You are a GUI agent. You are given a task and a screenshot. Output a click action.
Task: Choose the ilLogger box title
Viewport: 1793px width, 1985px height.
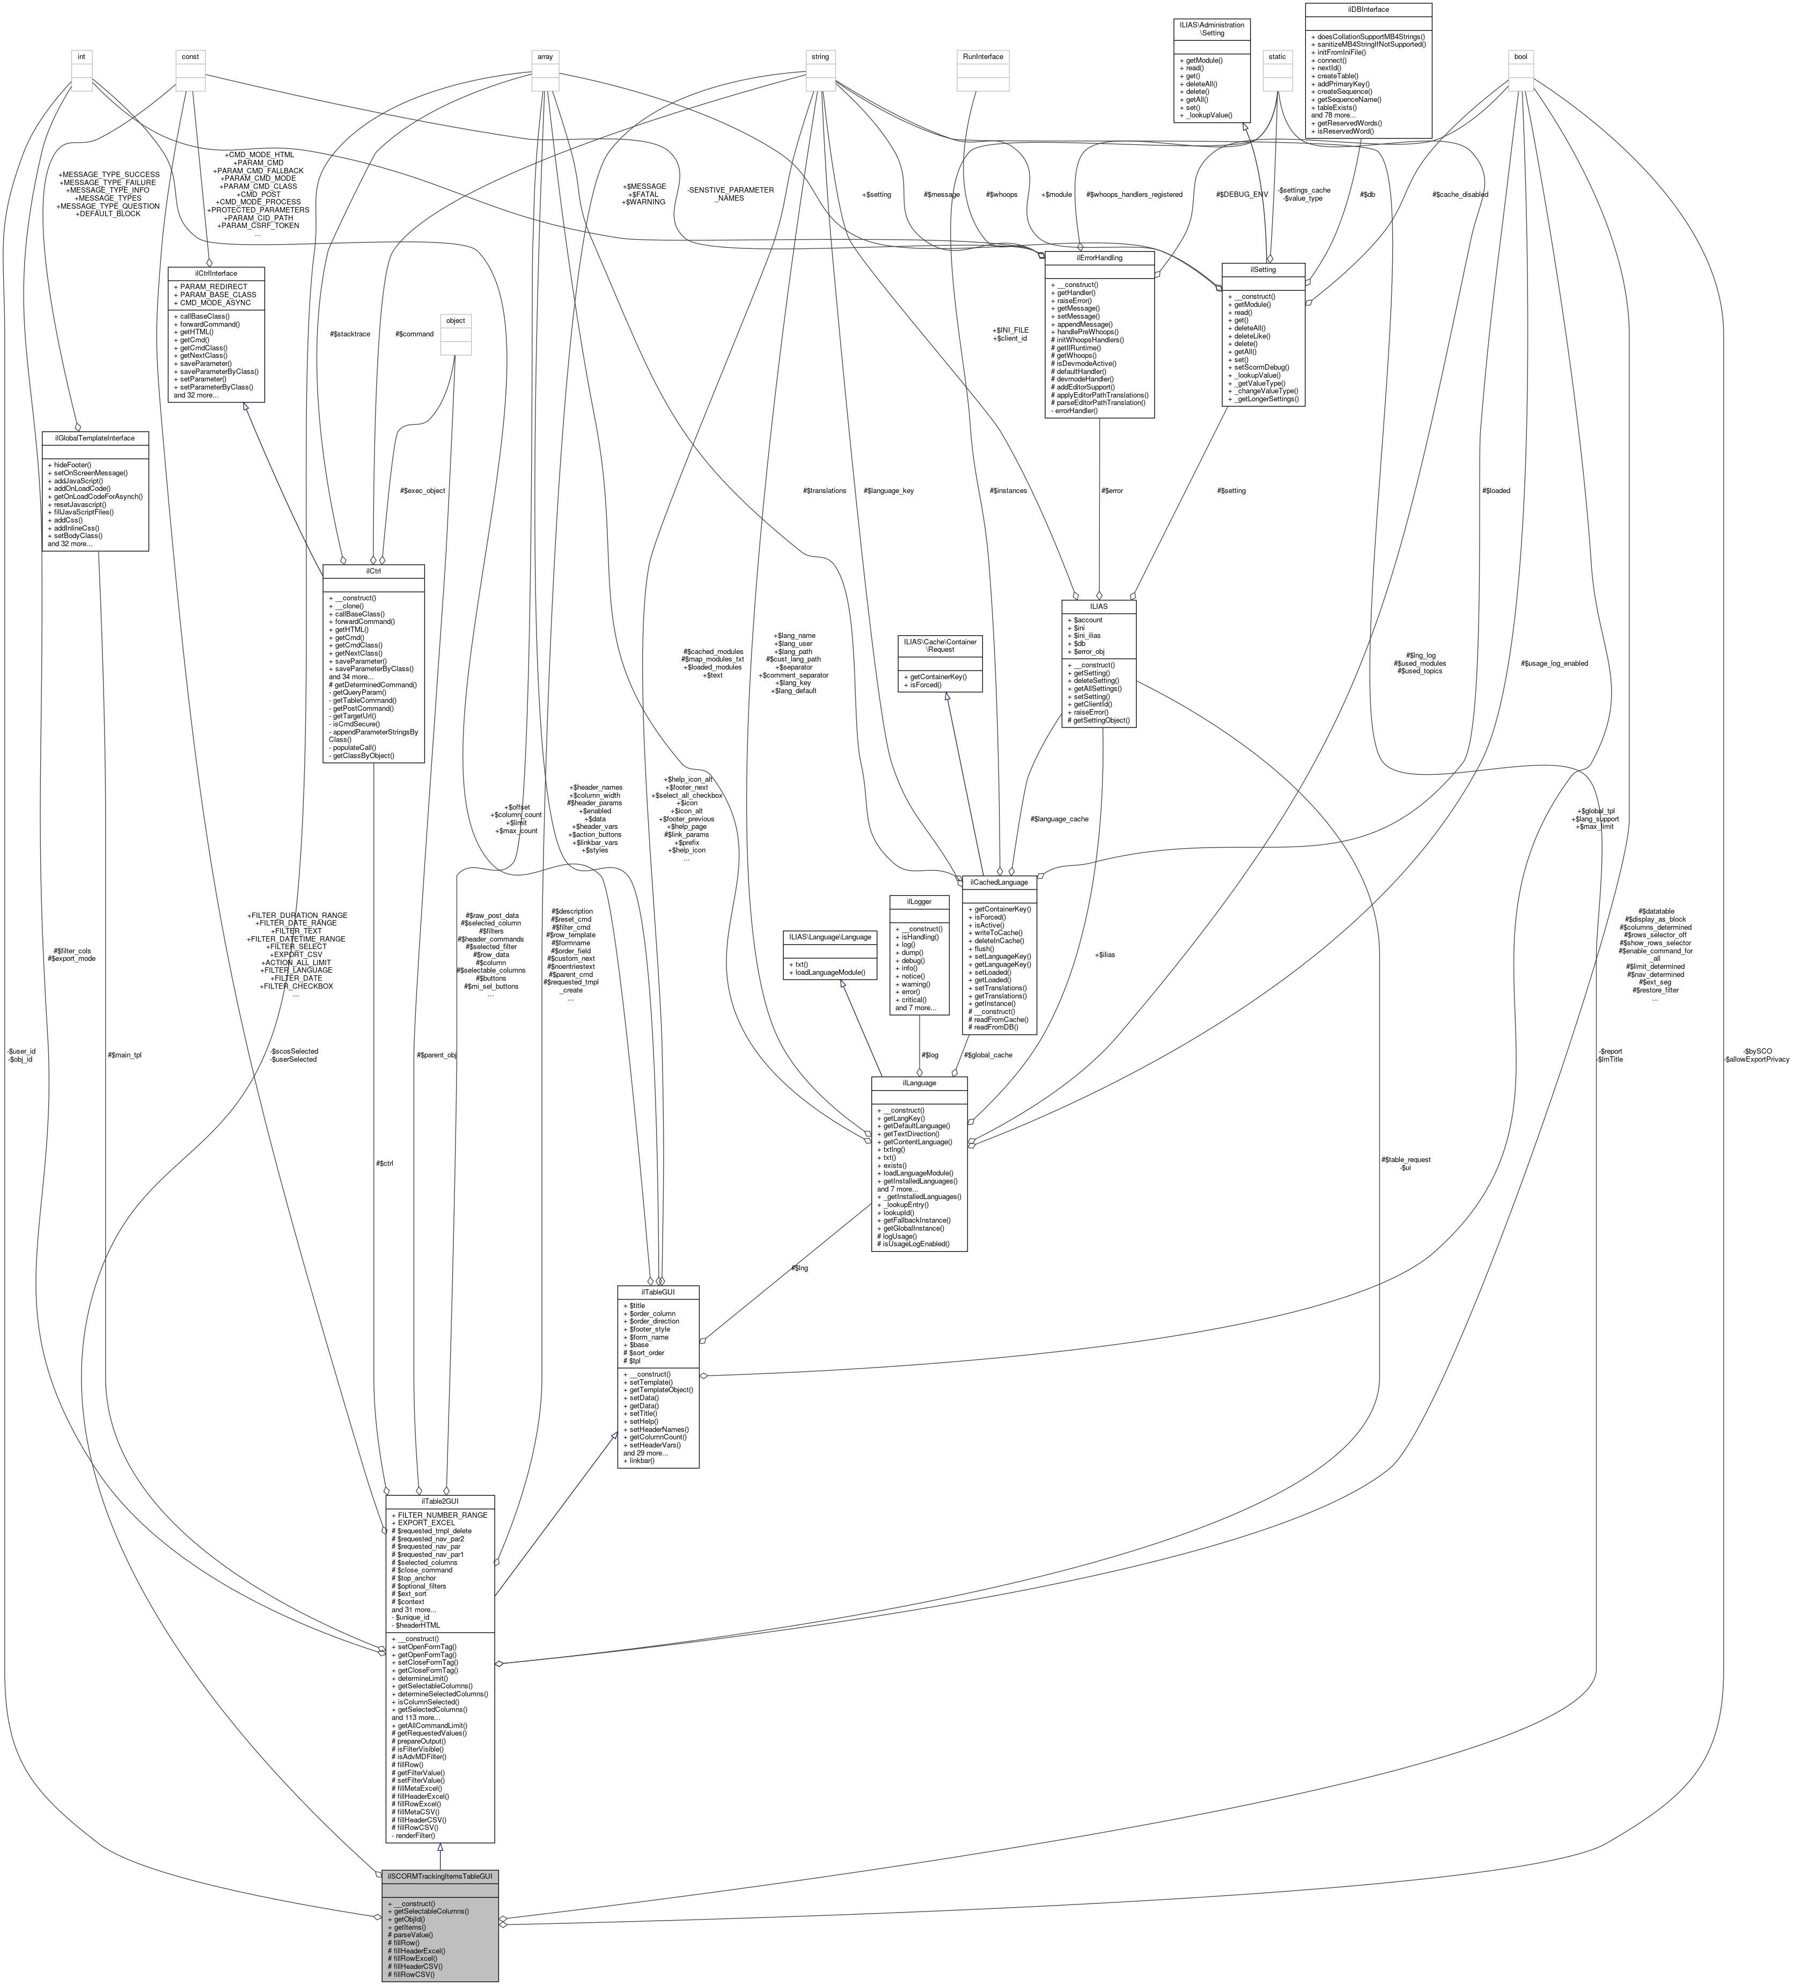[917, 901]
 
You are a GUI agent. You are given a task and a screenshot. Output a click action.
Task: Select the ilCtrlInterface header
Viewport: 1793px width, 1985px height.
[216, 273]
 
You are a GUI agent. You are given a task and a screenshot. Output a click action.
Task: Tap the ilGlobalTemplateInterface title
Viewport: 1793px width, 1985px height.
[94, 437]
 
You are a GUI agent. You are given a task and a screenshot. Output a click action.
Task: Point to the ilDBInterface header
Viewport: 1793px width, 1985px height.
[1368, 9]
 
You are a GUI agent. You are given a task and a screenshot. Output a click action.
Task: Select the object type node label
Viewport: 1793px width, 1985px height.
[455, 320]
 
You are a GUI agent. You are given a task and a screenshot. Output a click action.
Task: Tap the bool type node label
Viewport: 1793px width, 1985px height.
[1520, 56]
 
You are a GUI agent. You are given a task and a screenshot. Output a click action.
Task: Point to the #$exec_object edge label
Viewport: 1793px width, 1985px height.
[422, 490]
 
